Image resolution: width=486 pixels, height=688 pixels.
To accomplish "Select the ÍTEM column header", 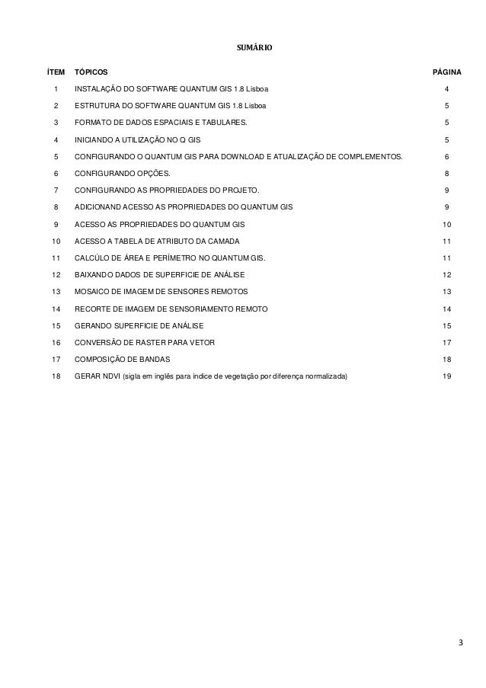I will (x=56, y=72).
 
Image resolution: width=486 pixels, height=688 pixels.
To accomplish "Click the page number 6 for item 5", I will (x=446, y=156).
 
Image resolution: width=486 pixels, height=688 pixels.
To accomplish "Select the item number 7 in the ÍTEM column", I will (x=56, y=190).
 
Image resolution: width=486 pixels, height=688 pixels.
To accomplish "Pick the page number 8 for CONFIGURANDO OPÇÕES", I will (x=446, y=173).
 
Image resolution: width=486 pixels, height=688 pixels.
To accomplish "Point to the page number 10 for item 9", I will (x=446, y=225).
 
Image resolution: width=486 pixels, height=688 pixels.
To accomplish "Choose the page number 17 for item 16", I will (x=446, y=342).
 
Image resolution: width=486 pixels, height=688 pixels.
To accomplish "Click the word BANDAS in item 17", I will (x=153, y=359).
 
